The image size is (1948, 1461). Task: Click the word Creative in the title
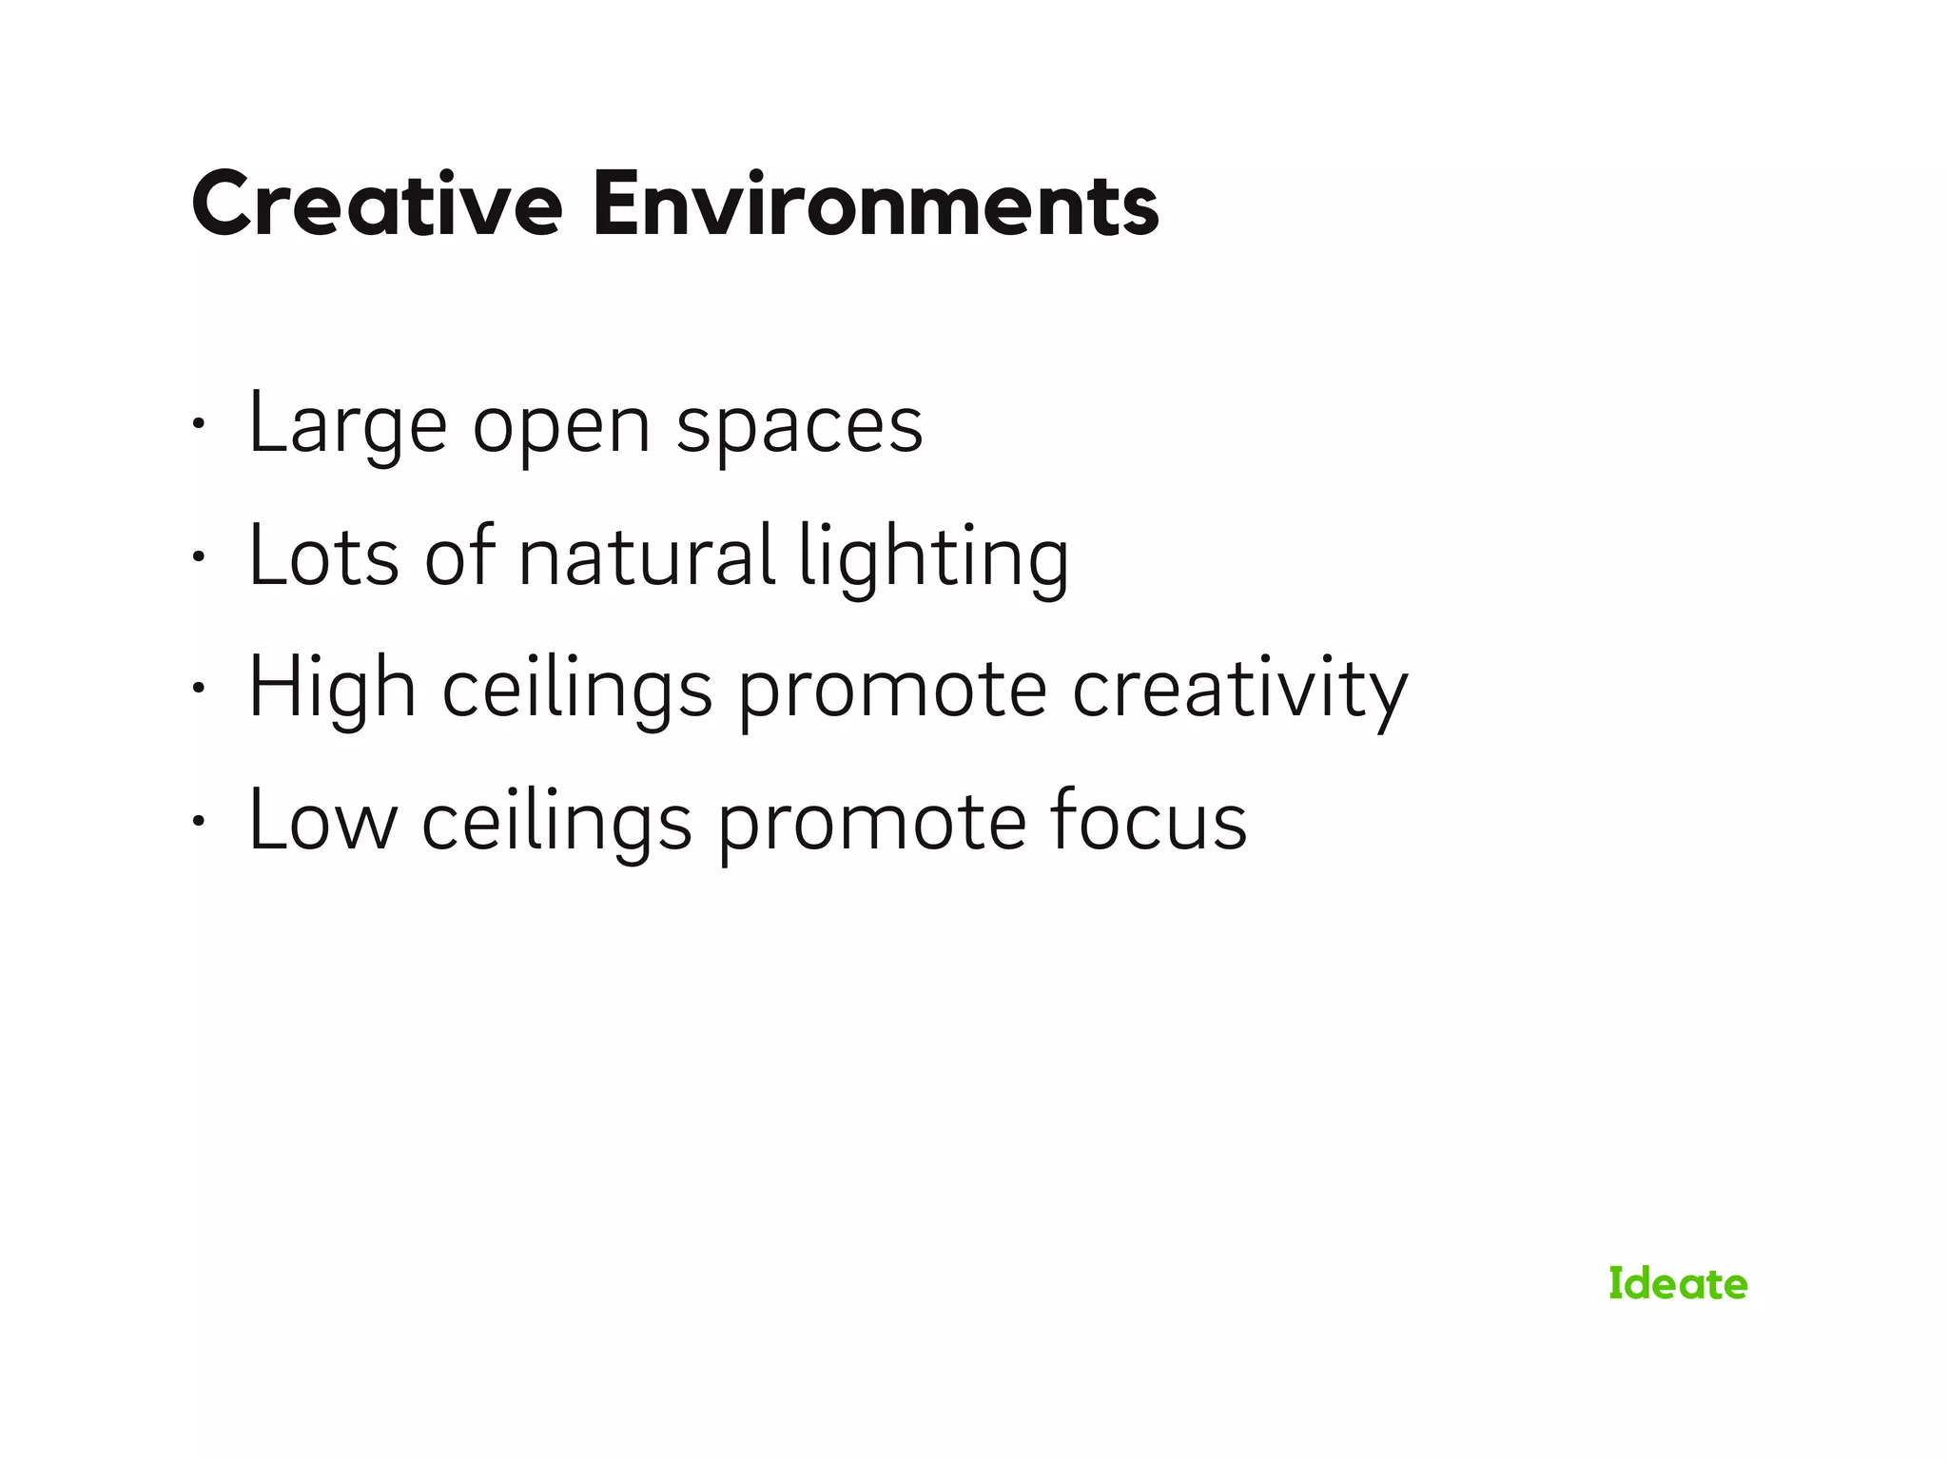click(377, 204)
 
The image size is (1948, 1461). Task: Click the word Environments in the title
click(875, 204)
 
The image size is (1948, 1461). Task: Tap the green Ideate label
click(1678, 1284)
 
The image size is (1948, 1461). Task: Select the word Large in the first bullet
click(347, 425)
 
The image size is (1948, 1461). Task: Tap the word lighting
click(933, 559)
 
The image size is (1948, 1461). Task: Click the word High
click(332, 689)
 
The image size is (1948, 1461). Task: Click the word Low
click(322, 821)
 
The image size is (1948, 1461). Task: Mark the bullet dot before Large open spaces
click(198, 424)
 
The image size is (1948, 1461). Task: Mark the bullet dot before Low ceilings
click(198, 821)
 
